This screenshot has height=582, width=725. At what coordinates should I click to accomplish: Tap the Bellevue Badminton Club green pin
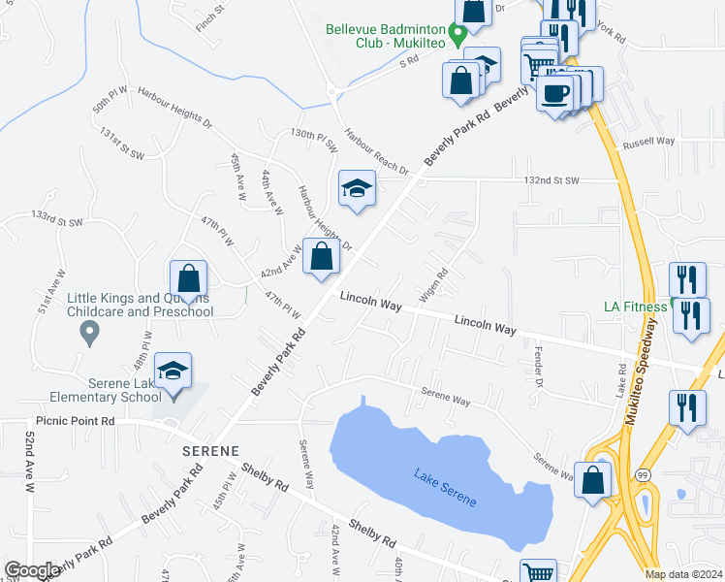(x=461, y=29)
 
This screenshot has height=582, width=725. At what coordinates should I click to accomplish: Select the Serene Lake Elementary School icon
(x=173, y=372)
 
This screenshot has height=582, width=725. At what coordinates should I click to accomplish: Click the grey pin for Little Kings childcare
(x=90, y=334)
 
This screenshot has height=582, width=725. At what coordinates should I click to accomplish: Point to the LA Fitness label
(x=635, y=307)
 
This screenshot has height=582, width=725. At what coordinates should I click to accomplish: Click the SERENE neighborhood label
(x=210, y=451)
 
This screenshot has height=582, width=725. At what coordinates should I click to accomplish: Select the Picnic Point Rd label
(x=76, y=422)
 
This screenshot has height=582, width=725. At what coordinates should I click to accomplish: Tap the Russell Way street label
(x=648, y=141)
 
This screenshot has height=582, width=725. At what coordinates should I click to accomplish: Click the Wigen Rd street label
(x=431, y=284)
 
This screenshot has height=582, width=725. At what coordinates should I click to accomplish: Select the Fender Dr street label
(x=541, y=366)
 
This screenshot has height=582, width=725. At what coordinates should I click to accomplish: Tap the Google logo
(x=32, y=570)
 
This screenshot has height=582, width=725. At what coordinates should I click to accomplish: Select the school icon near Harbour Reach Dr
(x=357, y=188)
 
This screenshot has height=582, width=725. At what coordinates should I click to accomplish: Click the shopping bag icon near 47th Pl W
(x=189, y=278)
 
